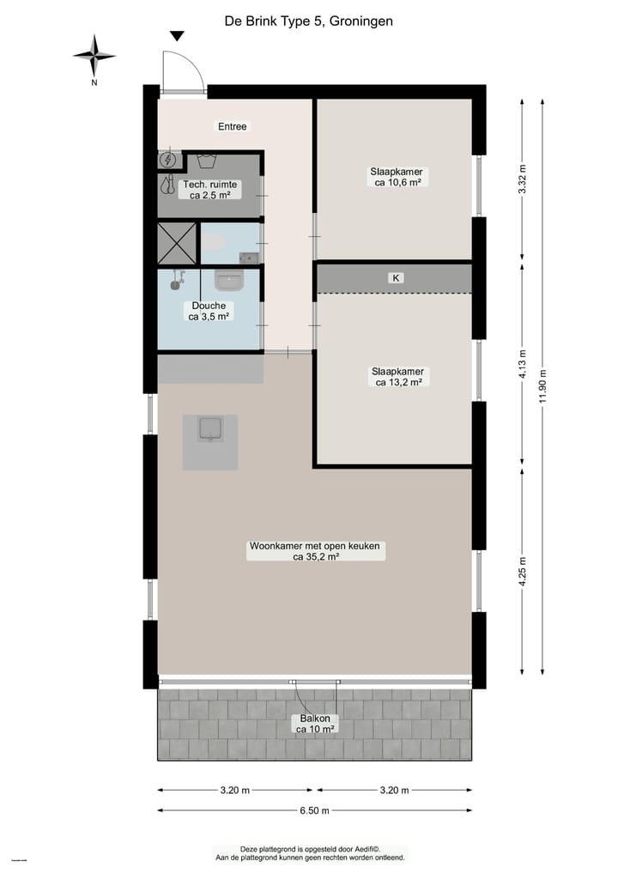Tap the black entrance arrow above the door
[178, 36]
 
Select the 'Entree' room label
[232, 127]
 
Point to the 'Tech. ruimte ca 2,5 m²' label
[209, 190]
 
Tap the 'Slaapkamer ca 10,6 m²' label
[397, 177]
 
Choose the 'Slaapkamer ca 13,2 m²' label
[397, 377]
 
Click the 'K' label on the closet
[396, 278]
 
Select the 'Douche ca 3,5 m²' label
[209, 311]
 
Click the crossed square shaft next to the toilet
[178, 243]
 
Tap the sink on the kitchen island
[209, 428]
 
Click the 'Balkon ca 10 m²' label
[315, 724]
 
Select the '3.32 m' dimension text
[523, 180]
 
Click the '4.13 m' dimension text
[523, 364]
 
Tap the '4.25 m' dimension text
[523, 570]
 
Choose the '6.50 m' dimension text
[315, 810]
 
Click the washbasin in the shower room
[229, 281]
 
